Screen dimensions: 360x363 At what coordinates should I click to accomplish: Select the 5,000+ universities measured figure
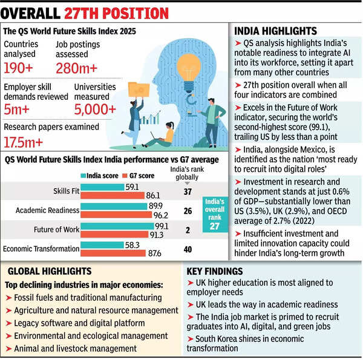(95, 109)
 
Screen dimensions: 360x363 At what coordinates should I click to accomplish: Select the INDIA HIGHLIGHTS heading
(275, 31)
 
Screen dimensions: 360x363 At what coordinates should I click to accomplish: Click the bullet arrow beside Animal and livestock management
(8, 349)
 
